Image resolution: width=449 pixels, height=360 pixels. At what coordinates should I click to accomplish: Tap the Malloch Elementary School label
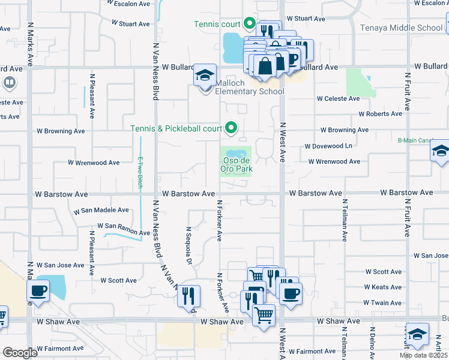click(x=243, y=91)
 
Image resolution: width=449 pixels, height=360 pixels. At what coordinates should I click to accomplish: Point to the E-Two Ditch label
click(x=140, y=173)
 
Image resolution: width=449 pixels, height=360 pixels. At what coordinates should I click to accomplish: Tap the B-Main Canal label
click(x=415, y=140)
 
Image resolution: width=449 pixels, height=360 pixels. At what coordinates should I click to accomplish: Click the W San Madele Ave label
click(x=101, y=211)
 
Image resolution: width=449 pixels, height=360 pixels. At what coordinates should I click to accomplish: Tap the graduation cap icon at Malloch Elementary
click(x=205, y=76)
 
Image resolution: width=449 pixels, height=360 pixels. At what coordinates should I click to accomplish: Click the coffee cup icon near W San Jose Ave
click(x=39, y=291)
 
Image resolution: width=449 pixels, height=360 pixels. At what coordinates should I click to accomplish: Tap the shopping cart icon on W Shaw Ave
click(x=264, y=314)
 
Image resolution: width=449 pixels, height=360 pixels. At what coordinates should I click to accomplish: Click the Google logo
click(x=20, y=353)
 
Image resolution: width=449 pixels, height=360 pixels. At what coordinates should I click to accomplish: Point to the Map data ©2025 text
click(x=423, y=355)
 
